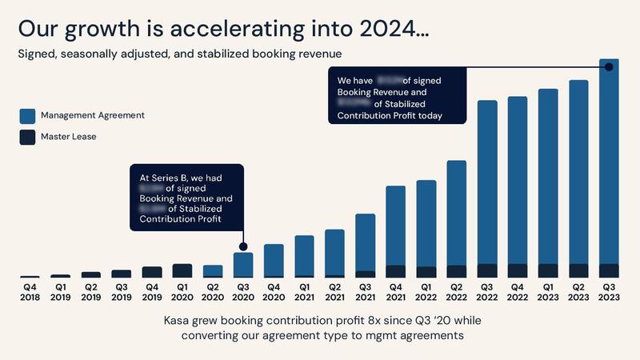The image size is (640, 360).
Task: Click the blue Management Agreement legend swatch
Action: (x=28, y=115)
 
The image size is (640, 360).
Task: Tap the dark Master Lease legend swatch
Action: (x=28, y=137)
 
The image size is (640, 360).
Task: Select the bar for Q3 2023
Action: (x=609, y=168)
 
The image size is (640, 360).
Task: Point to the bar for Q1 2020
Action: (x=182, y=270)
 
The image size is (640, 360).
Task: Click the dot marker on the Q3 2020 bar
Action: (x=242, y=247)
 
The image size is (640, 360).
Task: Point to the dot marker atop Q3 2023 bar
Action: (x=609, y=66)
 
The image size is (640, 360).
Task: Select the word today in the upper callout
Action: (x=430, y=116)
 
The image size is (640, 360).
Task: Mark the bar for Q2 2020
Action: (x=212, y=271)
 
